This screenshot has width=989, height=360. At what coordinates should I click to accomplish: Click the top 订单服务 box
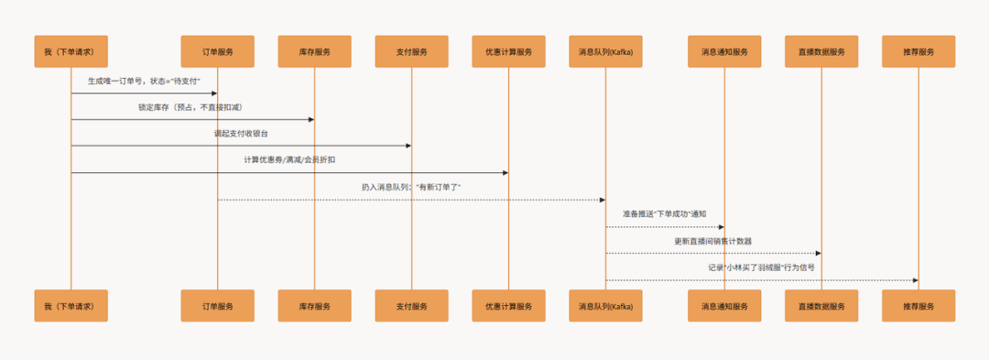[x=217, y=51]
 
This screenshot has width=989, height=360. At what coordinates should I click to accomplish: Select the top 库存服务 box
[x=314, y=51]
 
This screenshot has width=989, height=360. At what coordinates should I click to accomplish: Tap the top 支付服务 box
[x=411, y=51]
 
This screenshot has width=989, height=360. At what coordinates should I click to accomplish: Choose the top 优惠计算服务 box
[x=508, y=51]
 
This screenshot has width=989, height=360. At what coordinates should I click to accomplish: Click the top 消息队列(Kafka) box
[x=605, y=51]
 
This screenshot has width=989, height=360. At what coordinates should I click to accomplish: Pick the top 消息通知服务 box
[x=724, y=51]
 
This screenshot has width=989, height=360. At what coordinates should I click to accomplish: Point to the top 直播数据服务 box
[x=821, y=51]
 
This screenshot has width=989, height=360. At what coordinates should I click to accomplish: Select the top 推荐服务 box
[x=918, y=51]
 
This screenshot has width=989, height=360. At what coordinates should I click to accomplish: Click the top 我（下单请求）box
[x=71, y=51]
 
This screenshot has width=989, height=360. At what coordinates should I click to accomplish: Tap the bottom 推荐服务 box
[x=918, y=306]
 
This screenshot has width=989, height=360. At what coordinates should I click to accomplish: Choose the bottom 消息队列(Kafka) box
[x=605, y=306]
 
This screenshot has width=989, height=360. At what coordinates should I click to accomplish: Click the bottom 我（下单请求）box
[x=71, y=306]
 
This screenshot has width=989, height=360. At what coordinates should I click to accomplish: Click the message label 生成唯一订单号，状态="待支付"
[x=144, y=82]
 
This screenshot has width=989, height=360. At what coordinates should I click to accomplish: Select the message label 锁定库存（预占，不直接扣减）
[x=191, y=107]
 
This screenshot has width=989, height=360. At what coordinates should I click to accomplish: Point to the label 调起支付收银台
[x=241, y=134]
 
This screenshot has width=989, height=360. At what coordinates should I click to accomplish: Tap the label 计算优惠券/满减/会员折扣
[x=289, y=160]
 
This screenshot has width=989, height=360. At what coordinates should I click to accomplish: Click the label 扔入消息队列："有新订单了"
[x=411, y=187]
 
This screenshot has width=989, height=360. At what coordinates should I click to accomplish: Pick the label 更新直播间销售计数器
[x=713, y=241]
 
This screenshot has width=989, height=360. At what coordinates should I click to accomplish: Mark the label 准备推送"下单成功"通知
[x=664, y=213]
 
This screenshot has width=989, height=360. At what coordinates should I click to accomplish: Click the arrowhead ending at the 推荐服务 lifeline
[x=915, y=280]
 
